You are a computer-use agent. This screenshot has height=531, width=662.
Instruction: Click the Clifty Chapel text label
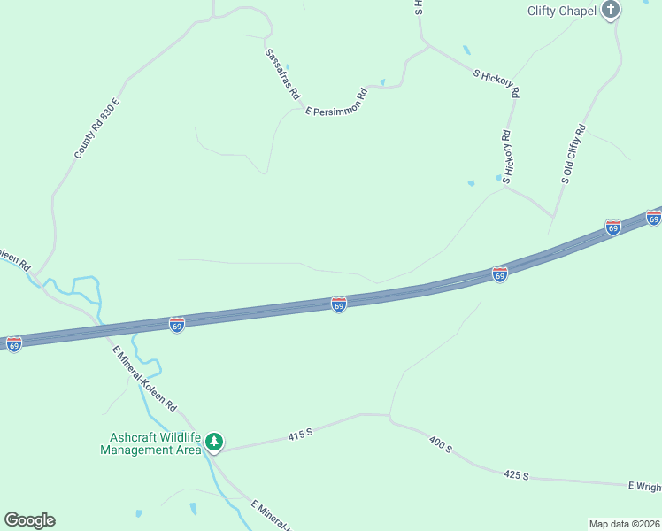click(561, 11)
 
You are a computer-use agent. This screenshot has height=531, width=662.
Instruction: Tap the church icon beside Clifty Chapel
click(611, 11)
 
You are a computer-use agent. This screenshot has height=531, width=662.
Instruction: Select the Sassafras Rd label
click(283, 73)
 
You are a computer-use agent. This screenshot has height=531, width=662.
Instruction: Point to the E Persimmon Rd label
click(336, 102)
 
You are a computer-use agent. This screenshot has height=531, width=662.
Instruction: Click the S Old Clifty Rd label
click(573, 154)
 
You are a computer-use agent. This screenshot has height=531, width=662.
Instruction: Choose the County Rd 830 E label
click(96, 129)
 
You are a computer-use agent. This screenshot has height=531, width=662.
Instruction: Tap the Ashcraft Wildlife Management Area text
click(151, 443)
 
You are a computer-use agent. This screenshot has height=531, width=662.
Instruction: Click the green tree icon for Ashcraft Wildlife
click(214, 441)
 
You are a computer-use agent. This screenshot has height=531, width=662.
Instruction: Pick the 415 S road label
click(301, 435)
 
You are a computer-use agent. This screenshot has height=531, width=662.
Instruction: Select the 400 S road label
click(440, 444)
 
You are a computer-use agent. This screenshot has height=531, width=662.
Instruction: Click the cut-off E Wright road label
click(644, 486)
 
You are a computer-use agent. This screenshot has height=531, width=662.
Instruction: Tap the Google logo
click(29, 520)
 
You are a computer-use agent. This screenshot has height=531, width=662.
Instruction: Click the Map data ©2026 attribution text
click(624, 524)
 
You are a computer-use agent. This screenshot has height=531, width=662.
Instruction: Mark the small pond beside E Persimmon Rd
click(382, 82)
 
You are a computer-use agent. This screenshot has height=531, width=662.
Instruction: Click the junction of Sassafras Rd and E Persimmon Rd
click(296, 107)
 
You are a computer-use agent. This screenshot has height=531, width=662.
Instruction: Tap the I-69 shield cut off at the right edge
click(654, 217)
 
